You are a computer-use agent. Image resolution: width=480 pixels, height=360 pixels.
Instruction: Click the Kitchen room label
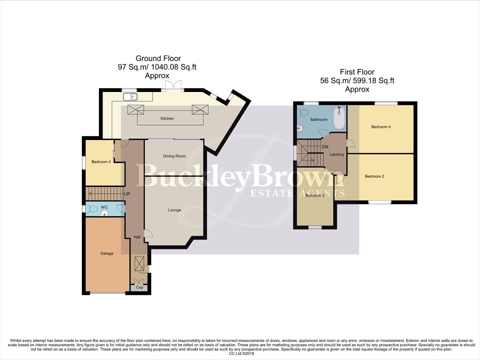click(x=167, y=118)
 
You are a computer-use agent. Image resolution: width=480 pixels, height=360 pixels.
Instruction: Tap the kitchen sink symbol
click(x=130, y=97)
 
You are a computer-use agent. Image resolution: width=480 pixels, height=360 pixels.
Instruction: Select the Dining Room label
click(x=175, y=156)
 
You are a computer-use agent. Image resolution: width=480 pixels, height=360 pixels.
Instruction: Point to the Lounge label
click(x=175, y=210)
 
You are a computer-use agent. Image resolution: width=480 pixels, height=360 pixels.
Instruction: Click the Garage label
click(x=107, y=253)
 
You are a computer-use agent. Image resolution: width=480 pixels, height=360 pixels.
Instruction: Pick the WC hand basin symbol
click(x=105, y=213)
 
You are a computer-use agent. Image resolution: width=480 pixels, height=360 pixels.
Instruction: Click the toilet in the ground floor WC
click(x=92, y=209)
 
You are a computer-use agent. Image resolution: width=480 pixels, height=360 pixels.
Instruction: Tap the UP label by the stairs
click(x=127, y=194)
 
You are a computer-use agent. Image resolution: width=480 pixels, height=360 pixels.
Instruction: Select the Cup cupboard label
click(x=140, y=287)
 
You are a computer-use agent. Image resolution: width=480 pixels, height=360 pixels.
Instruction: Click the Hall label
click(x=137, y=237)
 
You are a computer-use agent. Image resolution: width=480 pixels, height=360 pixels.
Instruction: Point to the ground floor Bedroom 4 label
click(x=101, y=162)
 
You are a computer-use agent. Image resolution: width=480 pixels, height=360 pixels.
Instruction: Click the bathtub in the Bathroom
click(x=339, y=118)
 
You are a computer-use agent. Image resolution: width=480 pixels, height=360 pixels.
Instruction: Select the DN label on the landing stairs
click(x=325, y=147)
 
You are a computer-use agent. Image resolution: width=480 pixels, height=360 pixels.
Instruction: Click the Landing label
click(x=337, y=154)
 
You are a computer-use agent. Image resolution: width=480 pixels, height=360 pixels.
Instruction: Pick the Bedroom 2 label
click(x=374, y=176)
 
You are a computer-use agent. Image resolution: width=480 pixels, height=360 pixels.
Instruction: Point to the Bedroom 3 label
click(x=315, y=195)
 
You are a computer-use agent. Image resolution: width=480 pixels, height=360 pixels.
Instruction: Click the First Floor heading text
click(x=357, y=72)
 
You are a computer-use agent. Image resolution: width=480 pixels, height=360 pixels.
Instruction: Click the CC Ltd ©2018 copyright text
click(x=241, y=354)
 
